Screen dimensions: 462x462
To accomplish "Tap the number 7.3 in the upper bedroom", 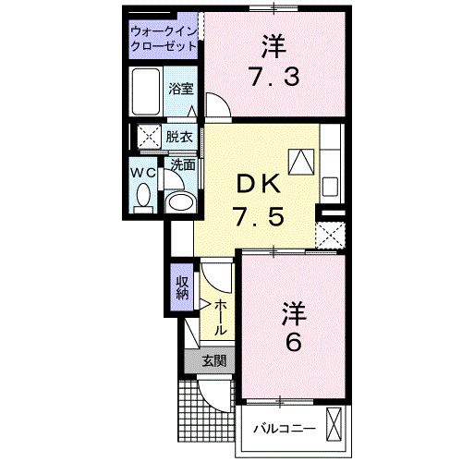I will (x=272, y=77).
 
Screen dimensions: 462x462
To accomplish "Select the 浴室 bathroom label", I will (x=180, y=90).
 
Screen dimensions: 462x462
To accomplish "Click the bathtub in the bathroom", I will (x=147, y=93).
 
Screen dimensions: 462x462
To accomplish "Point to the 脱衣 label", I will (x=179, y=137).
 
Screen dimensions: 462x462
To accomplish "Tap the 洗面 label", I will (x=182, y=165).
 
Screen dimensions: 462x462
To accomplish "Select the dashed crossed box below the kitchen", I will (x=330, y=232).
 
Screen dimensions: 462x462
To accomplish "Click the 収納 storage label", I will (x=181, y=287).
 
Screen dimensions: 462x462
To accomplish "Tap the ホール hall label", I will (x=223, y=318).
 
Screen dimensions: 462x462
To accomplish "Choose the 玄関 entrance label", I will (x=213, y=361).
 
